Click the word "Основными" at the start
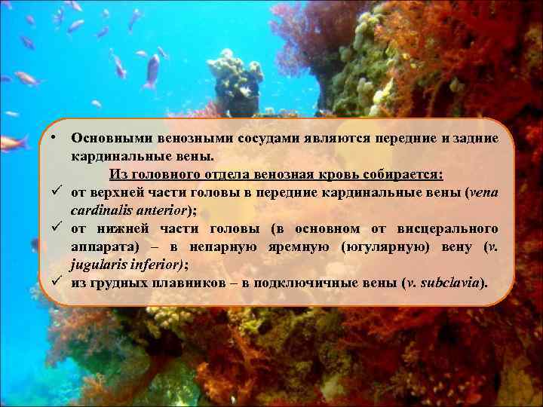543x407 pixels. click(x=109, y=139)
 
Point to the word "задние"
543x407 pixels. click(x=472, y=139)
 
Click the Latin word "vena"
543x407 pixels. click(x=482, y=192)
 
